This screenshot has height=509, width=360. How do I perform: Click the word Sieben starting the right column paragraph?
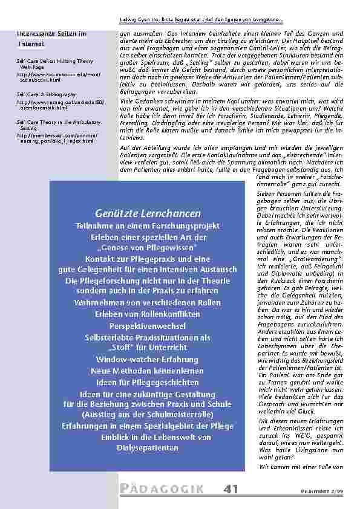[264, 193]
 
